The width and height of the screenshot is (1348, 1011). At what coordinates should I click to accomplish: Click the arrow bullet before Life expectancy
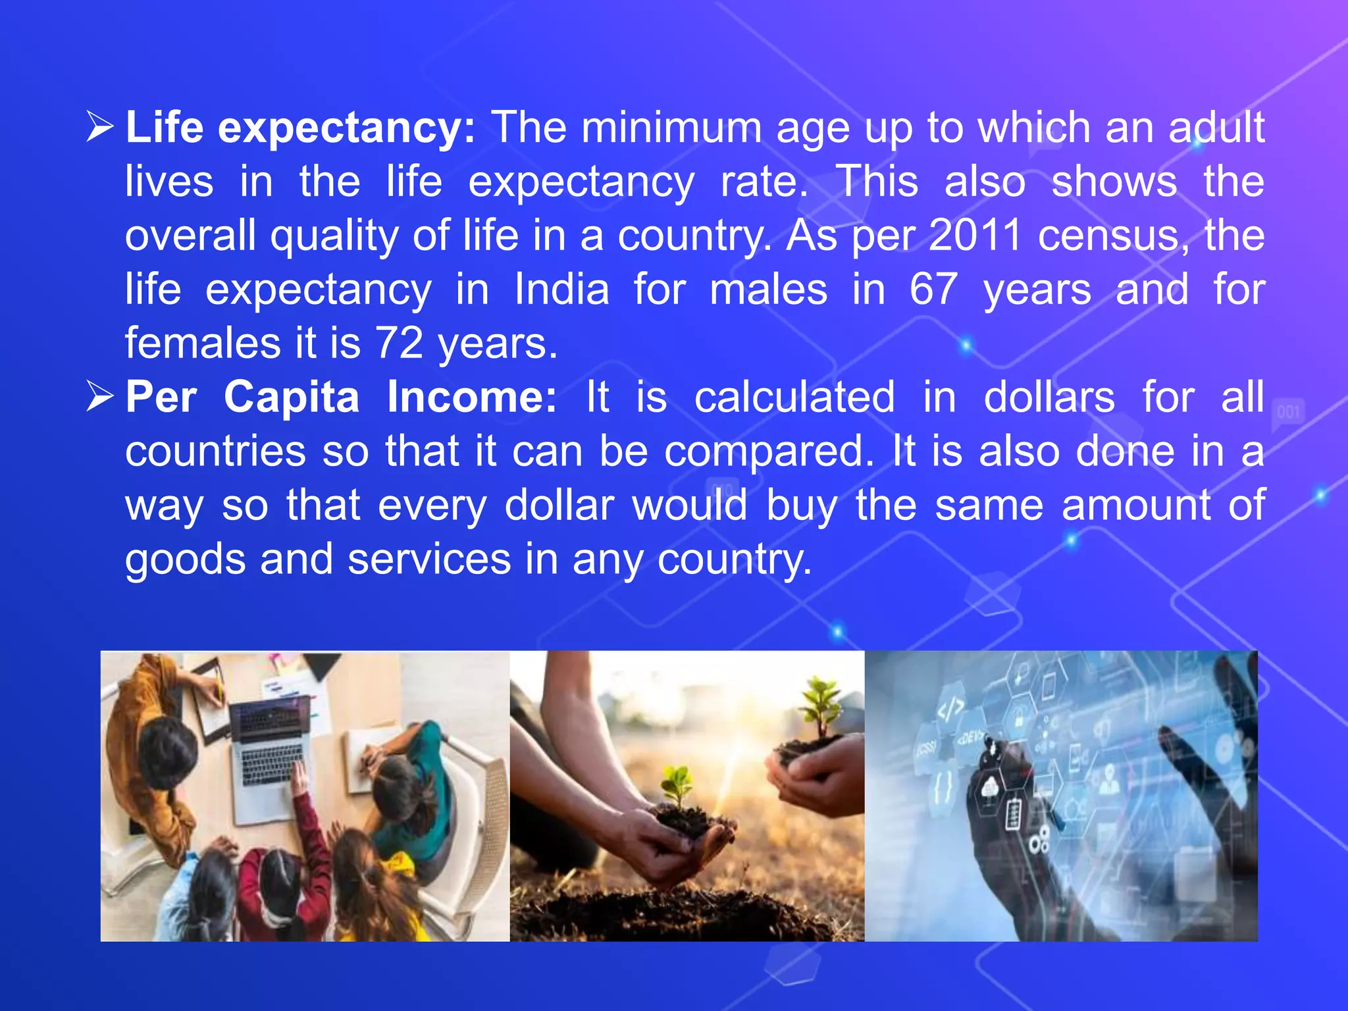[100, 127]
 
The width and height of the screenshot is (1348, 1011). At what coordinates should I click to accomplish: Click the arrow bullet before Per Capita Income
[100, 397]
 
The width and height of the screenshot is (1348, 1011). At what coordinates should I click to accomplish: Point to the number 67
[933, 289]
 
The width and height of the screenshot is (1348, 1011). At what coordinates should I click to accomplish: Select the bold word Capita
[292, 397]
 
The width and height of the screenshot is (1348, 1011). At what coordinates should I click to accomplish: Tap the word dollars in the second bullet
[1049, 397]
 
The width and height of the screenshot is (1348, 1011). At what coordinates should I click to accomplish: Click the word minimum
[671, 127]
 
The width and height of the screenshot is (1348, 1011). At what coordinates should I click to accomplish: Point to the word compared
[769, 452]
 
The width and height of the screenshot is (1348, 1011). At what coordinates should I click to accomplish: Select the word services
[429, 559]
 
